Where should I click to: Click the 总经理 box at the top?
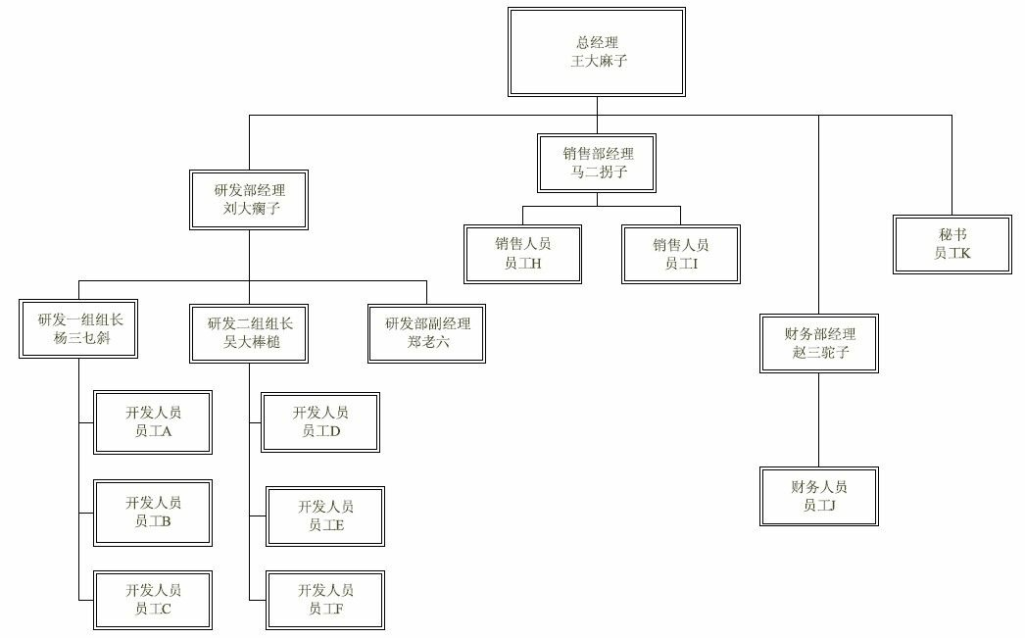597,51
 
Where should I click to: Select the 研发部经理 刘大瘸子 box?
249,200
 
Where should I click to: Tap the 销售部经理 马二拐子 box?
597,163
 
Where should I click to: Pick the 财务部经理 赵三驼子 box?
819,343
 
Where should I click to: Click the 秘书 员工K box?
952,244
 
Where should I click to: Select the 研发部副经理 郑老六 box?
427,333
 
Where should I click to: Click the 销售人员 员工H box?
522,254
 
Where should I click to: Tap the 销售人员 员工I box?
681,254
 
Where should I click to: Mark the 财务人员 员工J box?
819,496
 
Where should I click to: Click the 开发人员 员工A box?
154,422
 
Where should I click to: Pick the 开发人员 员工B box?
154,512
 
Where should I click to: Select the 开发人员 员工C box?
154,600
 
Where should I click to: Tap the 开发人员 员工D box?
320,422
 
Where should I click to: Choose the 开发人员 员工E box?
325,515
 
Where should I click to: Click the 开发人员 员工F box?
325,600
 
